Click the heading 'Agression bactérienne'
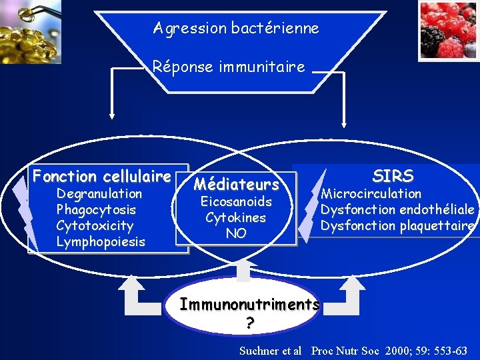coord(236,29)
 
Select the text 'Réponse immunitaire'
coord(228,67)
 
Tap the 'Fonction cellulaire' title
coord(102,177)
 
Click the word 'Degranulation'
coord(99,194)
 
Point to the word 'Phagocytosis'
coord(96,210)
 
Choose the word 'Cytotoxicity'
coord(95,226)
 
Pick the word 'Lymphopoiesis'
coord(100,242)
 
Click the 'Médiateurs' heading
coord(236,183)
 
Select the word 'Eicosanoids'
coord(236,201)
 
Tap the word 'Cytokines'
coord(235,217)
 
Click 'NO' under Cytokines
coord(236,233)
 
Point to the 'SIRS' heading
coord(393,177)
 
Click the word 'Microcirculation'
coord(371,194)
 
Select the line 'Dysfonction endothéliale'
coord(397,210)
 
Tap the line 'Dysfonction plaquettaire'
coord(397,226)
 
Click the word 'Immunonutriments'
coord(250,305)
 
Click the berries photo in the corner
coord(449,31)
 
